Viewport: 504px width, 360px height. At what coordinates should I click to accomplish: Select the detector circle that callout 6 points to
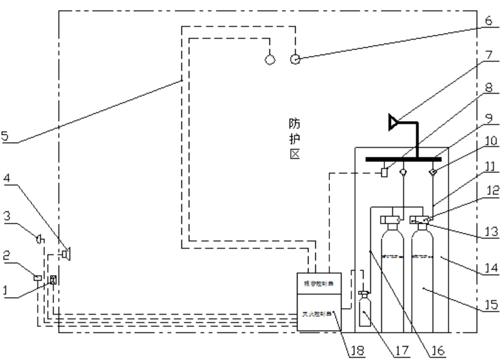pyautogui.click(x=295, y=59)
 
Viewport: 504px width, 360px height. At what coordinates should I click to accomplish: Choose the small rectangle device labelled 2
pyautogui.click(x=38, y=278)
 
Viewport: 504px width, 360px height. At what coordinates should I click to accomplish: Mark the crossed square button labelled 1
pyautogui.click(x=53, y=280)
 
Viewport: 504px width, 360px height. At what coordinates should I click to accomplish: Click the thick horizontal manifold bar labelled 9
pyautogui.click(x=403, y=160)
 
